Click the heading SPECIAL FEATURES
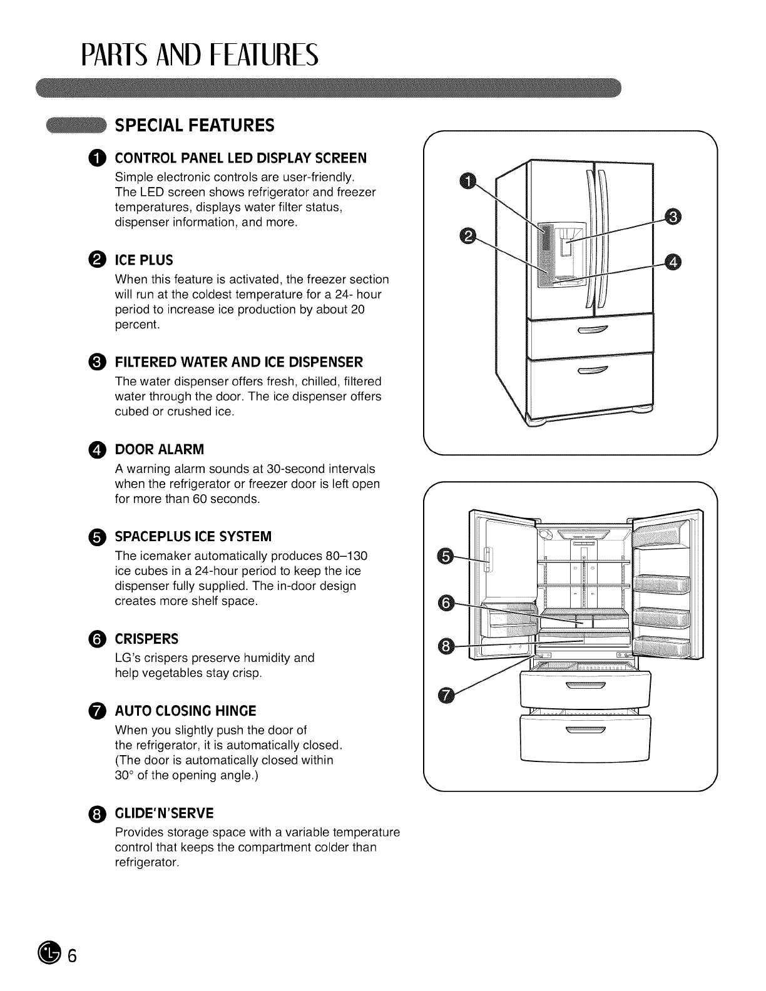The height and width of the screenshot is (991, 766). click(x=194, y=126)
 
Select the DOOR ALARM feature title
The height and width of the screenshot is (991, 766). click(x=159, y=450)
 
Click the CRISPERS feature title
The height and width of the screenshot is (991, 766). click(x=146, y=639)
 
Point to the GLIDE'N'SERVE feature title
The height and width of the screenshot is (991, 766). click(x=164, y=813)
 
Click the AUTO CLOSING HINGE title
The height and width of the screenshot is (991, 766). click(x=185, y=711)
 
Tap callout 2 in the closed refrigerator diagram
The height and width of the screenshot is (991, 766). click(x=467, y=236)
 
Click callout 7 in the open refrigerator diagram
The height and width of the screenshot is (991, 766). click(x=445, y=695)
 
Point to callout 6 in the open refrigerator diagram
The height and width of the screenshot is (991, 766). click(x=445, y=603)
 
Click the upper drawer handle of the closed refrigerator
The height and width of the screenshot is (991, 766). click(x=592, y=331)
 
